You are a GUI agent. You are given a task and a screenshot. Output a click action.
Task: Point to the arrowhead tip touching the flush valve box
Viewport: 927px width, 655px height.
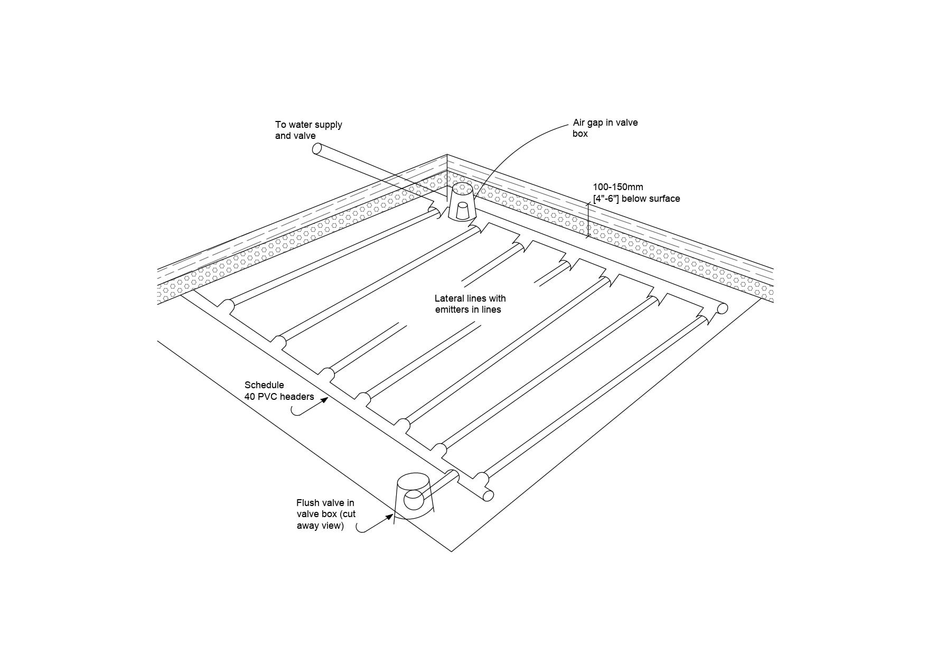tap(393, 514)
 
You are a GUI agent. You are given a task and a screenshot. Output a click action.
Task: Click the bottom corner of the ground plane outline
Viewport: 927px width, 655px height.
tap(452, 552)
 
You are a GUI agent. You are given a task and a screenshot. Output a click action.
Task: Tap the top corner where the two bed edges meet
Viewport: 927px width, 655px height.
tap(447, 154)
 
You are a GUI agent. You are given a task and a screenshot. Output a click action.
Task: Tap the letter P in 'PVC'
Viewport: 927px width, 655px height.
tap(270, 397)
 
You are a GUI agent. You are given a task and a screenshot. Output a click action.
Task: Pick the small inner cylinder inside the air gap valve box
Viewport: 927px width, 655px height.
tap(463, 211)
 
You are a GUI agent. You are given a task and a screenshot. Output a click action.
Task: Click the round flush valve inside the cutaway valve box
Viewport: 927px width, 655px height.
tap(414, 499)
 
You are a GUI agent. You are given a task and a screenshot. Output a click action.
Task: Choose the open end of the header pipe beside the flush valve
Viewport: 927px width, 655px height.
tap(489, 495)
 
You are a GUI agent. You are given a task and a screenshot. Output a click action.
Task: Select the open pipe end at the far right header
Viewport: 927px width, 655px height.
tap(723, 308)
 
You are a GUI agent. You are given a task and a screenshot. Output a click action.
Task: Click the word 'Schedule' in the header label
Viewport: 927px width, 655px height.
tap(264, 385)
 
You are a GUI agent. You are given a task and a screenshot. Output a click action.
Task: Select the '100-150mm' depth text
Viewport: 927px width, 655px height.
tap(618, 187)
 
